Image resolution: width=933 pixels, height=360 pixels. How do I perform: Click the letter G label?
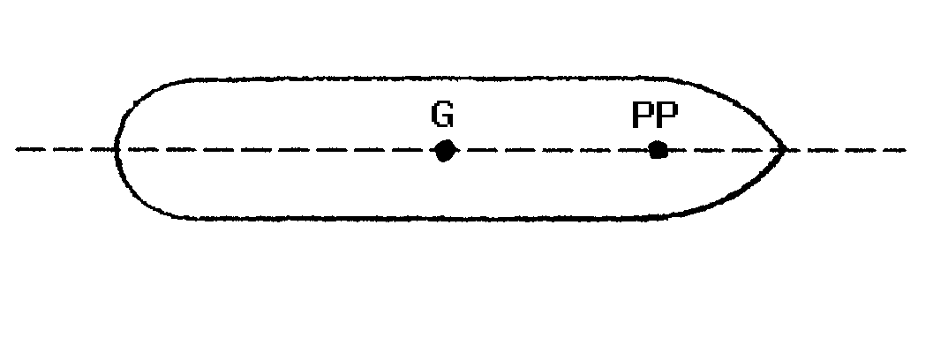pos(442,115)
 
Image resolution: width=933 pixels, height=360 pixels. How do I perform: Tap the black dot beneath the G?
pos(445,151)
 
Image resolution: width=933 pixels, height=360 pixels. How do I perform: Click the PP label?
pos(654,115)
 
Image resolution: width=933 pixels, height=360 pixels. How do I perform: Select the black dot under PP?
pos(658,150)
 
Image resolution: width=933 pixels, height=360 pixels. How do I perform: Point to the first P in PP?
pos(643,115)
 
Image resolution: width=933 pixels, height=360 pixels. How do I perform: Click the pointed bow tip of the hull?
pos(785,150)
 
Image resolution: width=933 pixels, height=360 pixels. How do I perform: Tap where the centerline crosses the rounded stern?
pos(117,150)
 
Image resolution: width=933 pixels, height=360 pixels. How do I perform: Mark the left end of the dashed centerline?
pos(19,150)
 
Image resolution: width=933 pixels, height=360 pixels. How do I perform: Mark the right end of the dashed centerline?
pos(904,150)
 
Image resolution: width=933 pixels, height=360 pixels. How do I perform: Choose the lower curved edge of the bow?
pos(741,196)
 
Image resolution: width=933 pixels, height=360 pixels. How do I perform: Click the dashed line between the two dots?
pos(552,150)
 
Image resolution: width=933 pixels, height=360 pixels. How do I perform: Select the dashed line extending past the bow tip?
pos(847,150)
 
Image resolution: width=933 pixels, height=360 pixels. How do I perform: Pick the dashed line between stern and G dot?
pos(282,150)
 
